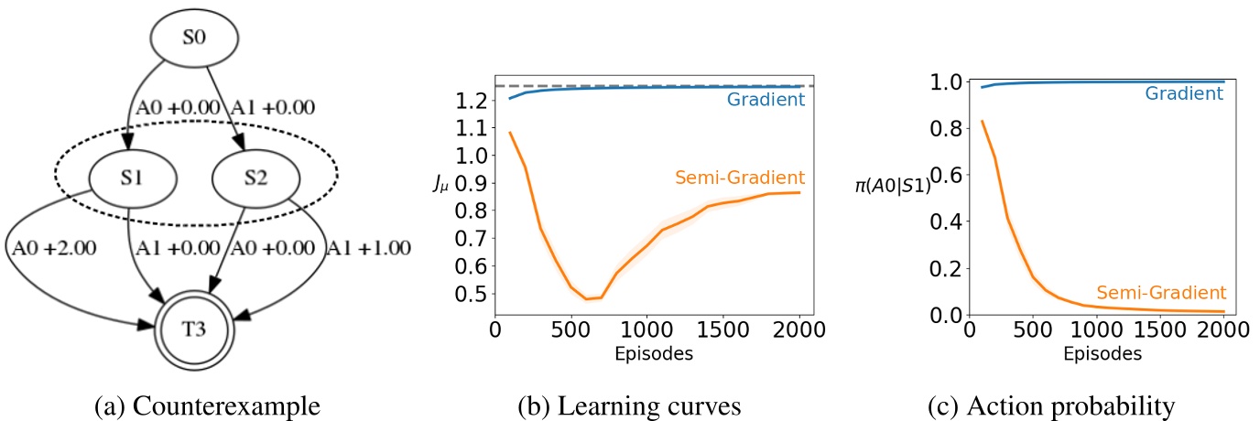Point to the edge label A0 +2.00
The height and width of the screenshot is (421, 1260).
52,246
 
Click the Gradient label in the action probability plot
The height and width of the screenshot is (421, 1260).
1183,92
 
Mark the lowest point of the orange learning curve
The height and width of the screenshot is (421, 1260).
586,299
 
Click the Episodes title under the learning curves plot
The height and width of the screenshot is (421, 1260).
653,353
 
